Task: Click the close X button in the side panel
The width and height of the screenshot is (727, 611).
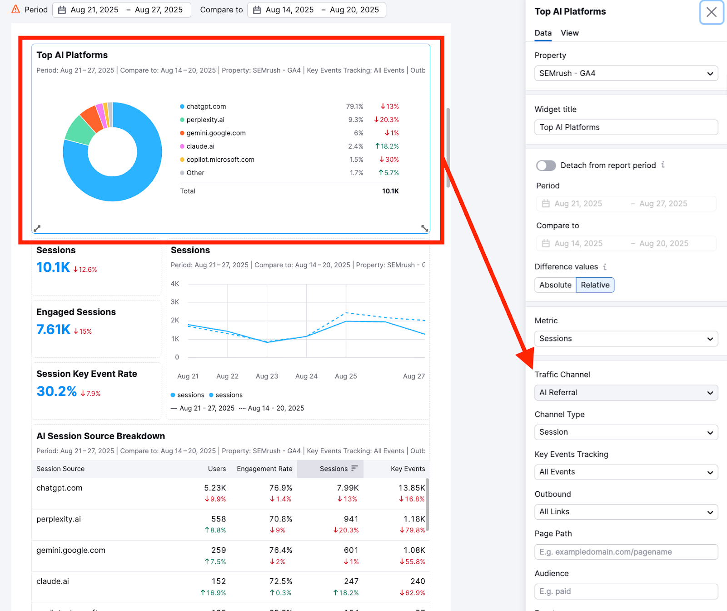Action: coord(711,12)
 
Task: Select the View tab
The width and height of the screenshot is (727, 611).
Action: coord(569,33)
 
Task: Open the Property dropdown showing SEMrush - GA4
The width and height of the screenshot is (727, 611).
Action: coord(626,73)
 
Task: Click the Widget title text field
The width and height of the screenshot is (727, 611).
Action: coord(626,127)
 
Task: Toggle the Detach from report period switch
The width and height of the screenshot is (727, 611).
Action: coord(546,165)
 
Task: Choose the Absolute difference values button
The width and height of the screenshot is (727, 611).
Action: coord(555,285)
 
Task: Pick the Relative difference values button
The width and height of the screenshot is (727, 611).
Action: coord(595,285)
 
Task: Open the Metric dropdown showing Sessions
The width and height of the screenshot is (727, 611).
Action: coord(626,339)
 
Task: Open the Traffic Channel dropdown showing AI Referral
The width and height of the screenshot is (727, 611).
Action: coord(626,393)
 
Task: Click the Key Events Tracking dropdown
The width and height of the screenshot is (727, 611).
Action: coord(626,472)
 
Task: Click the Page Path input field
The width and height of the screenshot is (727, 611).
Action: coord(626,552)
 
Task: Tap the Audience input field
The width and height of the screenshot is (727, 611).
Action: coord(626,591)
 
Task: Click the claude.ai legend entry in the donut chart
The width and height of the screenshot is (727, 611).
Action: coord(200,146)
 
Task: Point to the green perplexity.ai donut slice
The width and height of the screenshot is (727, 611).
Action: coord(79,130)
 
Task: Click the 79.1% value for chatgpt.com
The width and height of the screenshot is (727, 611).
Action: coord(354,106)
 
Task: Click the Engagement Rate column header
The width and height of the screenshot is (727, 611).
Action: coord(264,469)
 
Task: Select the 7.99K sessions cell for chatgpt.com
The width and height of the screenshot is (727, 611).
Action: coord(348,488)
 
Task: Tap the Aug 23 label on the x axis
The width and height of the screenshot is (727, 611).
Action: coord(267,376)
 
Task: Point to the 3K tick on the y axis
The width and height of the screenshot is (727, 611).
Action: coord(175,302)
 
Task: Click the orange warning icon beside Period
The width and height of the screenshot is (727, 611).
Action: coord(15,9)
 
